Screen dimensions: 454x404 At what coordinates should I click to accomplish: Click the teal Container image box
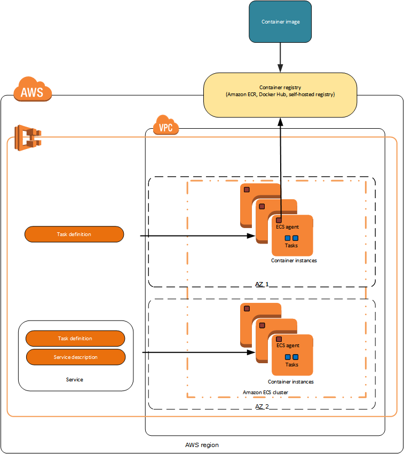click(x=281, y=22)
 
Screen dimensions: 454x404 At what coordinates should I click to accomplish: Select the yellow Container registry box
click(x=281, y=95)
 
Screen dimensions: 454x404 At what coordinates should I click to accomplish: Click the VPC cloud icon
click(x=165, y=126)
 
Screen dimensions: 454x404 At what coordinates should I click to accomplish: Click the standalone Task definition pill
click(x=74, y=234)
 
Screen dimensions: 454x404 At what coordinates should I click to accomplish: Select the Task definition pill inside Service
click(x=75, y=338)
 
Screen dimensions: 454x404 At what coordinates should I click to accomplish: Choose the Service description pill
click(x=76, y=357)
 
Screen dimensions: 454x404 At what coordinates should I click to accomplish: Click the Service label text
click(x=75, y=379)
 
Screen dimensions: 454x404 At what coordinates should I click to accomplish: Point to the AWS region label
click(x=202, y=445)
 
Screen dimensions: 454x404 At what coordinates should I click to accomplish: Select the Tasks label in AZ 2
click(x=292, y=364)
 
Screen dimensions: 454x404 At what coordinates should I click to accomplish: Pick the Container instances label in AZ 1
click(x=294, y=261)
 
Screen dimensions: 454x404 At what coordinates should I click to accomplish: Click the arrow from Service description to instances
click(x=197, y=353)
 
